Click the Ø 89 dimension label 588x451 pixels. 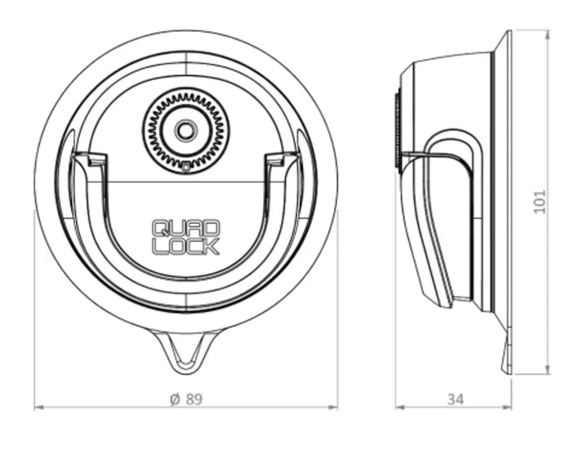(x=185, y=399)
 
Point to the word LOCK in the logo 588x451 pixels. (x=185, y=247)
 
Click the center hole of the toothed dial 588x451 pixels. (x=186, y=130)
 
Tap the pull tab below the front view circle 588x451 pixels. (x=185, y=350)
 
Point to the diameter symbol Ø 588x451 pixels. (x=174, y=399)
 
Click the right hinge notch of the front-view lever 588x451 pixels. (x=277, y=159)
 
